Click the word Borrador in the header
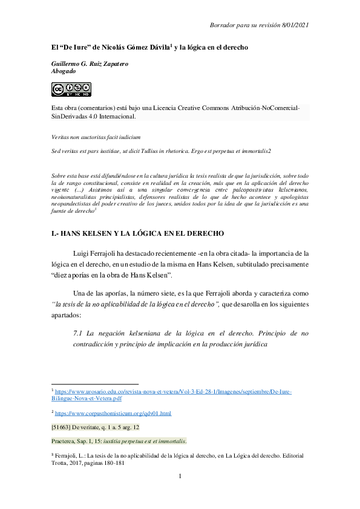[224, 24]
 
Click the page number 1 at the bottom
[180, 478]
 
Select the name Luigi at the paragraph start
[82, 253]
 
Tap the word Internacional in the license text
[116, 116]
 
